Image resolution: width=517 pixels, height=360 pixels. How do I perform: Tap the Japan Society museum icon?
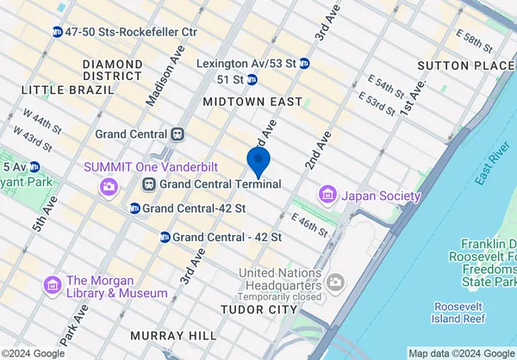(327, 195)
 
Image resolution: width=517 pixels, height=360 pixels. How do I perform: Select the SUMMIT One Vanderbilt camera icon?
(109, 185)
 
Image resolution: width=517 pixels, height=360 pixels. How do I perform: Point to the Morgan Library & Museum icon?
(53, 285)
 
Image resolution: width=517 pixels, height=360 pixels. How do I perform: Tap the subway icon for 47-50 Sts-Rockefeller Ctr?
(57, 32)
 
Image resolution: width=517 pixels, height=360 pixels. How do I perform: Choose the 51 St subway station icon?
(252, 80)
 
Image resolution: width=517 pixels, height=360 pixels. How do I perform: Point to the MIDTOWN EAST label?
(252, 102)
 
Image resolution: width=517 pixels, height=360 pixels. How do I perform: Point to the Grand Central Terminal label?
(221, 184)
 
